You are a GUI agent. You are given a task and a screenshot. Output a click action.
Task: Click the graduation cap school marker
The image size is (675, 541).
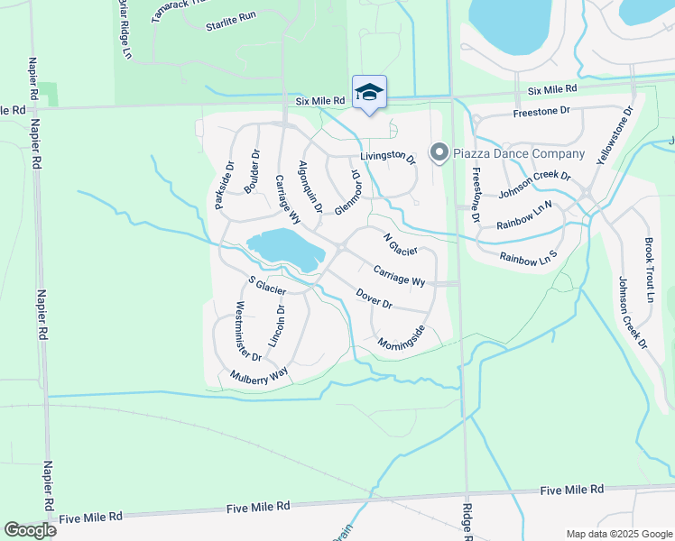pyautogui.click(x=369, y=92)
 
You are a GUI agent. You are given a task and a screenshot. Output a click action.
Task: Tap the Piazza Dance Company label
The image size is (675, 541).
pyautogui.click(x=520, y=153)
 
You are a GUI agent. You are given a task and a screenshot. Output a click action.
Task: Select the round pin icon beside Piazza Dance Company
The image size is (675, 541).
pyautogui.click(x=439, y=153)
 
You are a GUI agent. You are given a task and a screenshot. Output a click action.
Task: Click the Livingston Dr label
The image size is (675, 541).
pyautogui.click(x=388, y=156)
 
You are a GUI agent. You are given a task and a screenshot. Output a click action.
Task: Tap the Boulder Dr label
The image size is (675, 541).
pyautogui.click(x=252, y=170)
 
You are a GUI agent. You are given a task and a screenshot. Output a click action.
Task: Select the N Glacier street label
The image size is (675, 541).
pyautogui.click(x=400, y=244)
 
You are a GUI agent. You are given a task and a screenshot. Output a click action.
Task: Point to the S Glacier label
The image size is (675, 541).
pyautogui.click(x=267, y=285)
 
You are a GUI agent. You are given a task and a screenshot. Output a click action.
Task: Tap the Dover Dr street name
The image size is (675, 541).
pyautogui.click(x=374, y=298)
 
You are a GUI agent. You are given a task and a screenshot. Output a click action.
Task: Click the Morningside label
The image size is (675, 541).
pyautogui.click(x=401, y=339)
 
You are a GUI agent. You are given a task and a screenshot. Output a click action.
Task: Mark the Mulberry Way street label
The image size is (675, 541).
pyautogui.click(x=258, y=374)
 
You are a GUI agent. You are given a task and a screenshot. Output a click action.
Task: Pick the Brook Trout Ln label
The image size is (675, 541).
pyautogui.click(x=649, y=270)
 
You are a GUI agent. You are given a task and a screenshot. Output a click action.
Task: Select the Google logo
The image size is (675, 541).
pyautogui.click(x=30, y=530)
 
